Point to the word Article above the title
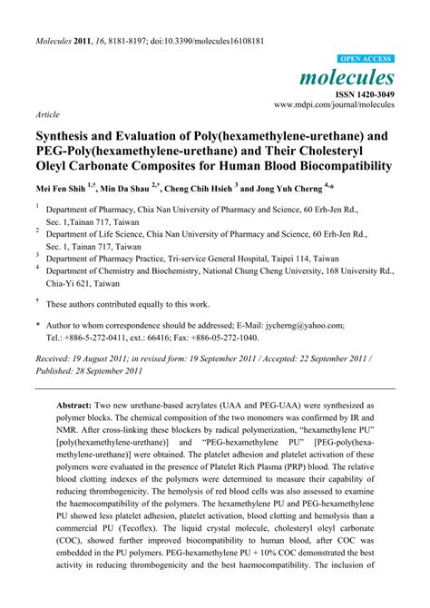pyautogui.click(x=48, y=116)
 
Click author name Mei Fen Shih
pyautogui.click(x=63, y=190)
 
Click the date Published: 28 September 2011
pyautogui.click(x=88, y=372)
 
